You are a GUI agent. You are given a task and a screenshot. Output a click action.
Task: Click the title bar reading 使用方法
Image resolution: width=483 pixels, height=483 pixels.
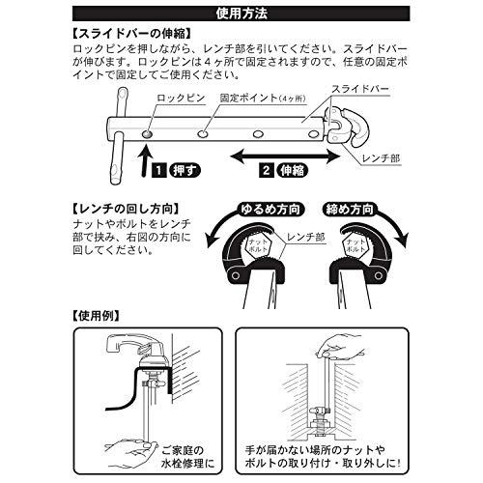241,14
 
